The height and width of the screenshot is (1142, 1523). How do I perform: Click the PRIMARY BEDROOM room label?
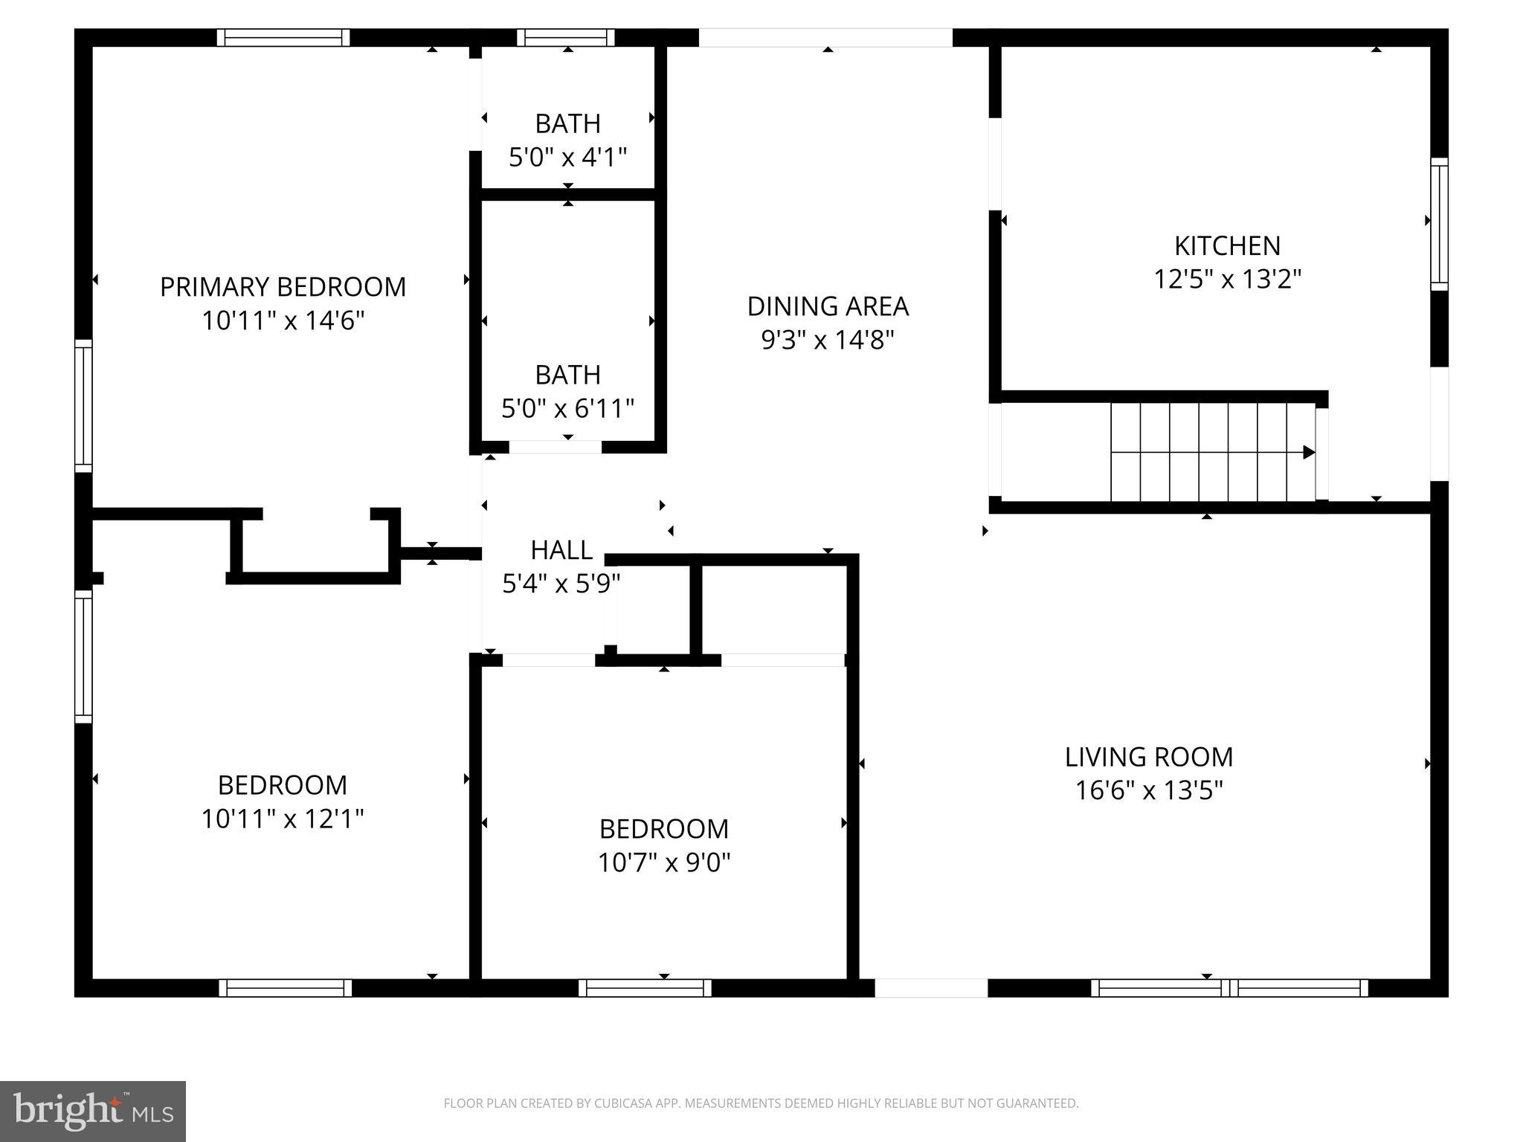283,287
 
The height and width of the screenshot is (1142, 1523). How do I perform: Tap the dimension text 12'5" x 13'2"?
1227,280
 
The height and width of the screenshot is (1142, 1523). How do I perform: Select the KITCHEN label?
1227,245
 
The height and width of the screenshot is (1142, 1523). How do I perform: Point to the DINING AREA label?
827,306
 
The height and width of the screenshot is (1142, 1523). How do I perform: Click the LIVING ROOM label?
1148,757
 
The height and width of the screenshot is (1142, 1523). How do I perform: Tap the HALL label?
561,550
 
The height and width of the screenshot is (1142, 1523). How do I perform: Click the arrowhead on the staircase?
1309,452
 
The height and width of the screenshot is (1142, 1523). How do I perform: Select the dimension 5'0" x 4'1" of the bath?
567,158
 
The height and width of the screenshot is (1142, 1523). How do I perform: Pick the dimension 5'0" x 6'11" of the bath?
567,408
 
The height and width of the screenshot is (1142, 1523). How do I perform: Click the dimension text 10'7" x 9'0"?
664,862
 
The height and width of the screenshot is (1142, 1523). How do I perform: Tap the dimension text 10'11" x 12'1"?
283,819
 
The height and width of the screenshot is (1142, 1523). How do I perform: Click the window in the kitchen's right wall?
1439,224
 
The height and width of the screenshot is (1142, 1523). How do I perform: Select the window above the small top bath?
566,37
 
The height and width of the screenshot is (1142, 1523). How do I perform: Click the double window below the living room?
1229,987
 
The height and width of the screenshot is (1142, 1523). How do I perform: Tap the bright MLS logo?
93,1112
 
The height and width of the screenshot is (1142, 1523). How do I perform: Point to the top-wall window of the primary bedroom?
283,37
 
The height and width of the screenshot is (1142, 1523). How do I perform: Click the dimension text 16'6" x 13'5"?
1148,790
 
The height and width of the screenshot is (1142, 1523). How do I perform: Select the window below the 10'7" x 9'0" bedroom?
645,987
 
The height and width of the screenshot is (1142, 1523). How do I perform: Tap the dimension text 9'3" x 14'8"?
827,340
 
